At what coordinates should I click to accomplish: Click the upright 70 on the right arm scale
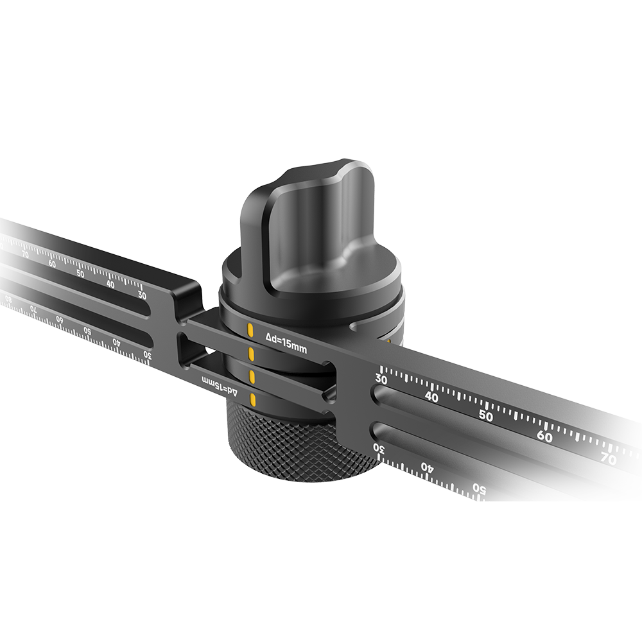609,459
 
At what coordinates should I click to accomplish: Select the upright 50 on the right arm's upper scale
486,415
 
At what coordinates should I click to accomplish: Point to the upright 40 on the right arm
431,397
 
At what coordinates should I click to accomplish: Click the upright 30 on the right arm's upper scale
381,379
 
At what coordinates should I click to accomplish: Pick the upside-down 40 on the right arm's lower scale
426,467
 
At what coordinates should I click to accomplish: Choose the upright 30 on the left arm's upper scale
142,295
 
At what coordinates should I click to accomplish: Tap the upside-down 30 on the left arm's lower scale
147,354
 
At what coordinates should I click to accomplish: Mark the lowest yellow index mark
253,402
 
